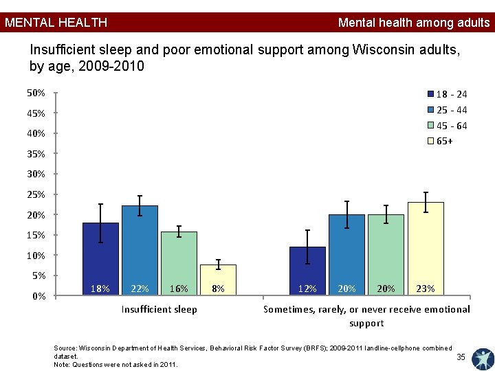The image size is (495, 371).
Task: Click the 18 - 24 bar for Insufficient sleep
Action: point(100,259)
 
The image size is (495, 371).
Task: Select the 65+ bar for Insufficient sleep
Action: point(218,280)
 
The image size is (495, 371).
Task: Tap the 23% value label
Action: point(426,289)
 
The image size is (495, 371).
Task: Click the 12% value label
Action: point(307,289)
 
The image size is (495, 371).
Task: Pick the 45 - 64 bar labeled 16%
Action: point(179,263)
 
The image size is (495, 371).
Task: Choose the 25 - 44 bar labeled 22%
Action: point(140,251)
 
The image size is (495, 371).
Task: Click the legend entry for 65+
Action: point(440,141)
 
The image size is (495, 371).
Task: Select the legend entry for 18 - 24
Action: point(447,94)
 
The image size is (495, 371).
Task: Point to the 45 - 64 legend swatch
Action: point(430,125)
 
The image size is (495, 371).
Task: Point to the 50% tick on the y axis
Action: point(56,93)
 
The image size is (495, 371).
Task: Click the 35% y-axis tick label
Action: point(36,154)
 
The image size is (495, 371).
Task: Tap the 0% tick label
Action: point(38,296)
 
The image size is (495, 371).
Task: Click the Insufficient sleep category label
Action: point(159,309)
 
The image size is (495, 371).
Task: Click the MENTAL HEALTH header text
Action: point(56,23)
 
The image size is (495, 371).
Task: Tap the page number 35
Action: point(461,357)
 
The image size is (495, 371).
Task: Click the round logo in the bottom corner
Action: point(483,359)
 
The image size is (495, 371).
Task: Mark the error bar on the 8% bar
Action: point(218,265)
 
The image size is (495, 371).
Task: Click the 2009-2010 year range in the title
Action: point(111,66)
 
